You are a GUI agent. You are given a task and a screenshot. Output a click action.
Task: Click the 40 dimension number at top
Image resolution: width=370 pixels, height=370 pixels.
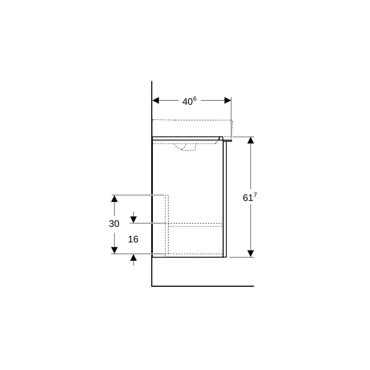(187, 102)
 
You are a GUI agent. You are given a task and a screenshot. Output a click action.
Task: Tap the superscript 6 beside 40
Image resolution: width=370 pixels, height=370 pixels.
(195, 99)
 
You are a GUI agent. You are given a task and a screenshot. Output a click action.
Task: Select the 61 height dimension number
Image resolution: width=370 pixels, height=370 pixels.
(248, 198)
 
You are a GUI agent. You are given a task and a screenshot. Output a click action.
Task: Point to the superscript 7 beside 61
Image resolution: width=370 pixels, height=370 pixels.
(255, 195)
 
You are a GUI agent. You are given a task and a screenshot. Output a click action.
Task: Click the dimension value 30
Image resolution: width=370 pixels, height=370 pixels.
(114, 224)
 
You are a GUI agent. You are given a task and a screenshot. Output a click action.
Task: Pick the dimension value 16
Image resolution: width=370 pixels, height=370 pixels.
(133, 239)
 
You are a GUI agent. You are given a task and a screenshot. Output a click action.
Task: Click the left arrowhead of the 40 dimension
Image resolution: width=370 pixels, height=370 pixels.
(155, 100)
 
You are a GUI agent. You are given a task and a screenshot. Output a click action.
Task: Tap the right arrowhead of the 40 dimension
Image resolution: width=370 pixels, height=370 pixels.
(228, 100)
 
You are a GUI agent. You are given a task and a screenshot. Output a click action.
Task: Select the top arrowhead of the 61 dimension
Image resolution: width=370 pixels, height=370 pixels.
(250, 140)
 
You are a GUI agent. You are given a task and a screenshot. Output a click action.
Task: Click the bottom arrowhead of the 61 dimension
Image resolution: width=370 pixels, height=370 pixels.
(250, 253)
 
